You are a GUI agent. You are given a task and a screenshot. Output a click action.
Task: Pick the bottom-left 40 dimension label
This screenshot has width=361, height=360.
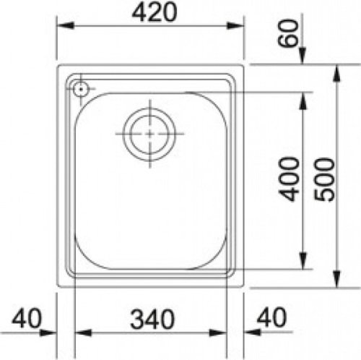[x=30, y=317]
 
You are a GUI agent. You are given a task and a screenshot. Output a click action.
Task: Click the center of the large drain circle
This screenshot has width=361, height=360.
[x=149, y=134]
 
